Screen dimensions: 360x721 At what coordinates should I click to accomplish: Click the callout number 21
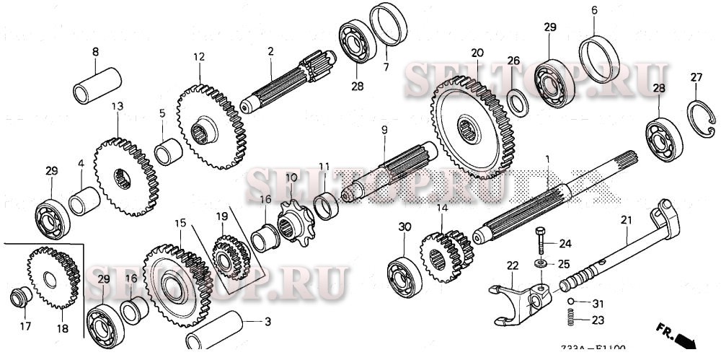[625, 219]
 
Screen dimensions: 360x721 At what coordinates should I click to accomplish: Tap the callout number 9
[384, 129]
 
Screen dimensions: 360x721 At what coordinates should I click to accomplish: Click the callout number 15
[180, 224]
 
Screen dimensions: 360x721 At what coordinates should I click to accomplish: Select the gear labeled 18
[53, 277]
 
